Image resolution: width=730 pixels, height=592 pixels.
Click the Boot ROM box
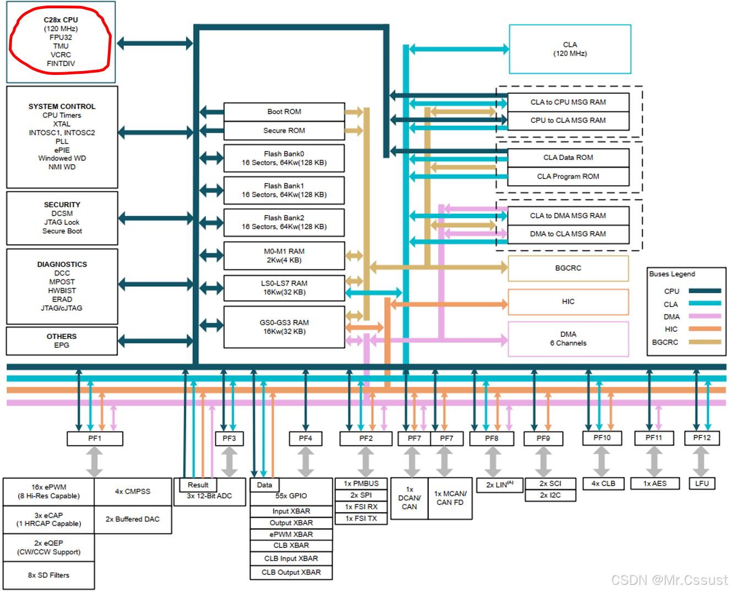[284, 112]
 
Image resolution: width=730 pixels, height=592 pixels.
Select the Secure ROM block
[284, 131]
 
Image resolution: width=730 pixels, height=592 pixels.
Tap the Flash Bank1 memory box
[284, 191]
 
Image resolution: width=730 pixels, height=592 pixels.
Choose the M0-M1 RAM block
[284, 256]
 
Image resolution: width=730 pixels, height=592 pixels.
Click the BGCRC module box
[568, 268]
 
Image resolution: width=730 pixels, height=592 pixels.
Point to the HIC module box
[568, 302]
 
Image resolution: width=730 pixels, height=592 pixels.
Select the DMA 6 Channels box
[568, 339]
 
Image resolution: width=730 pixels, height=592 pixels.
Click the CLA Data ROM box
[568, 158]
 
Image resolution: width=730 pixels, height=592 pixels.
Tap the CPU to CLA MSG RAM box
[568, 121]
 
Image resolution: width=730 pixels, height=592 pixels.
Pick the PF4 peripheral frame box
[306, 439]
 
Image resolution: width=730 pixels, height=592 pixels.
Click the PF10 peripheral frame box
[602, 438]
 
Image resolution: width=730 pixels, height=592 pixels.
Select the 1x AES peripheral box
[655, 483]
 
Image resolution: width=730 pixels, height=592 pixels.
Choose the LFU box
[702, 483]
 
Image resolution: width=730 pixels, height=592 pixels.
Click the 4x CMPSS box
[133, 492]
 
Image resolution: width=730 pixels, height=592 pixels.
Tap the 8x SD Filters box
[48, 575]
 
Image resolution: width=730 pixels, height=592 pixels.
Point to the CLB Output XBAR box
[291, 573]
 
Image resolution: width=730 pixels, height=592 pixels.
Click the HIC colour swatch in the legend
[705, 329]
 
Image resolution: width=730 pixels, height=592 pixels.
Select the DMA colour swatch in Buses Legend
[705, 316]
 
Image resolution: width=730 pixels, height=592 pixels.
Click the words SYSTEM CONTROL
[62, 107]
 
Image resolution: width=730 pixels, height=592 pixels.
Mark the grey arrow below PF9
[543, 462]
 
